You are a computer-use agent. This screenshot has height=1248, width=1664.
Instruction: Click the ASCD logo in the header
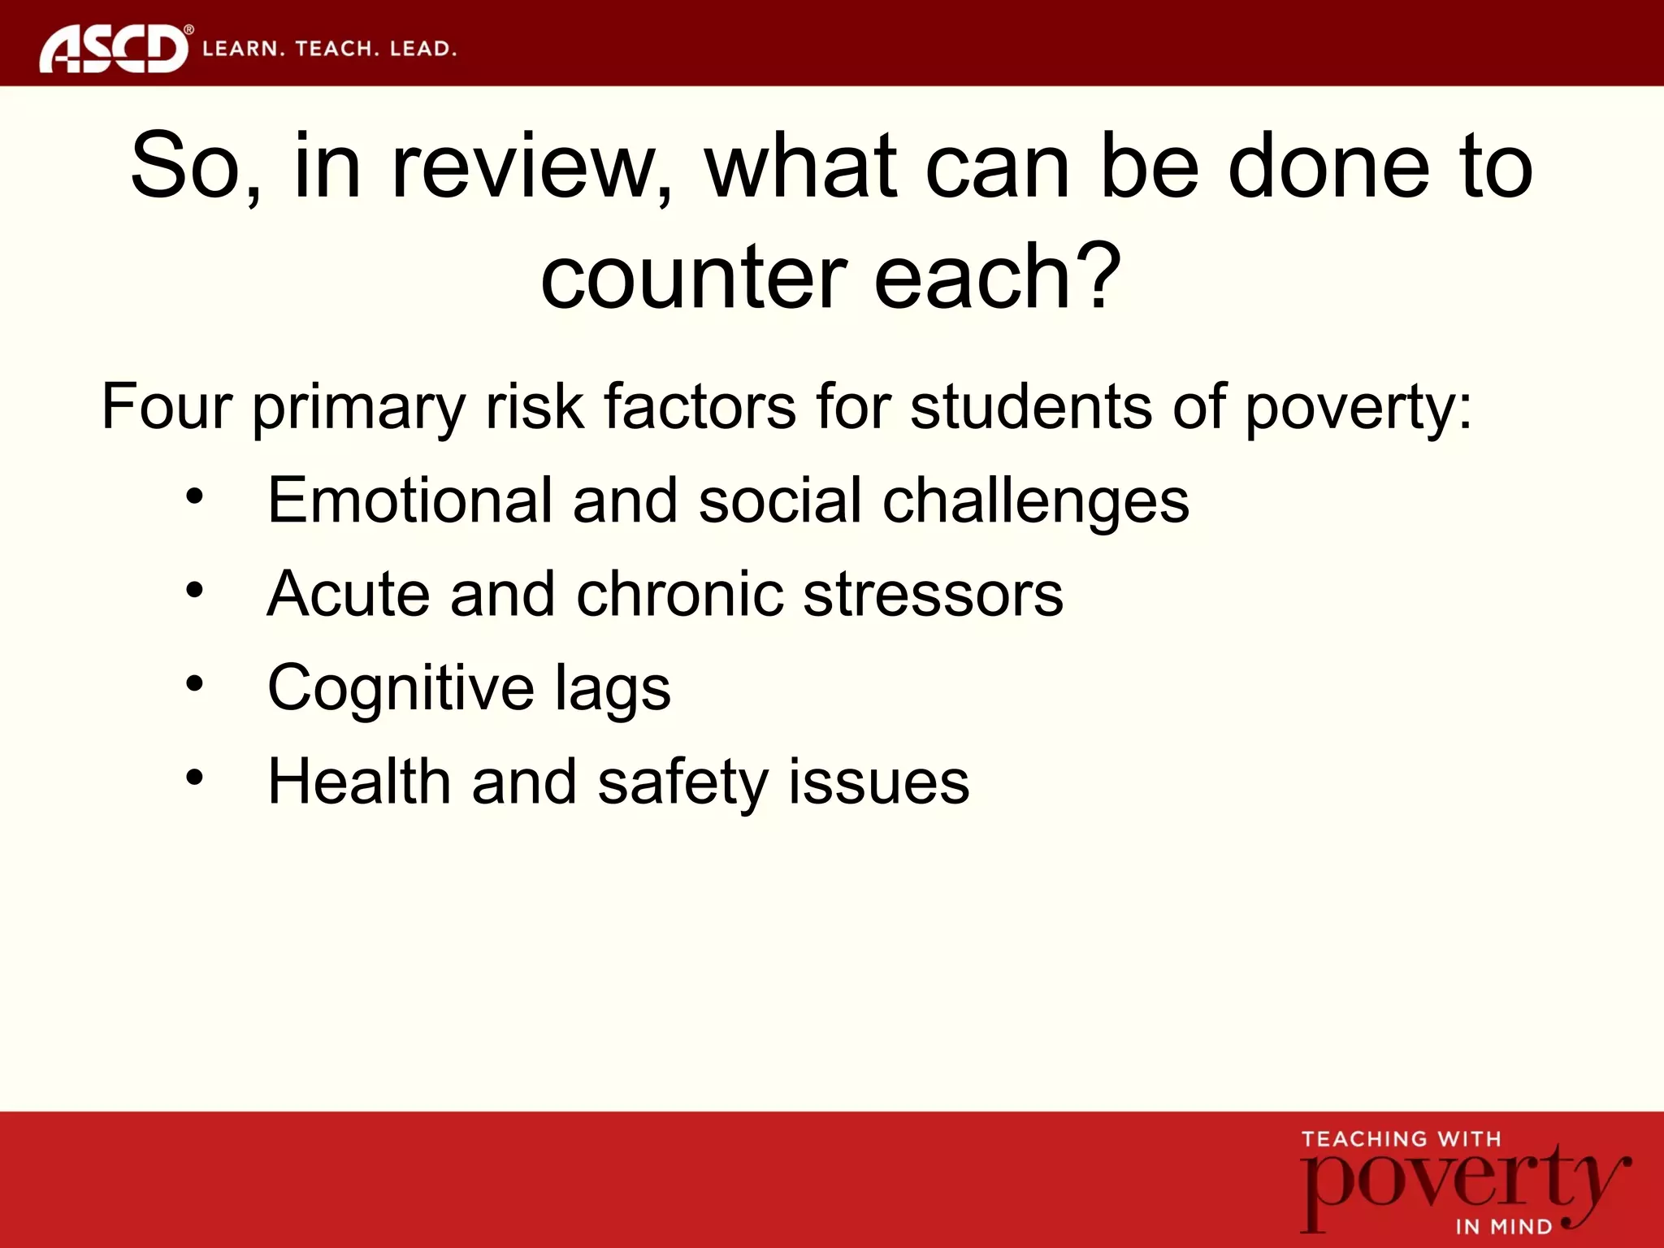pyautogui.click(x=114, y=49)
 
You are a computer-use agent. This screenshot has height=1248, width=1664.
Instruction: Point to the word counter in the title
pyautogui.click(x=695, y=278)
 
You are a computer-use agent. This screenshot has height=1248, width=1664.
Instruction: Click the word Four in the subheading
pyautogui.click(x=166, y=406)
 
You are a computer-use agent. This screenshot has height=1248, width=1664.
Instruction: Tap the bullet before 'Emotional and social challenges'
pyautogui.click(x=194, y=496)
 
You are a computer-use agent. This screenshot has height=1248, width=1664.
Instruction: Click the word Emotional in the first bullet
pyautogui.click(x=409, y=500)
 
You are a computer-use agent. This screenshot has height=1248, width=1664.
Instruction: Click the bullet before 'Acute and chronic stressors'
pyautogui.click(x=194, y=590)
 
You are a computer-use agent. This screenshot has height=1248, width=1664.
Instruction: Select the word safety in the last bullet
pyautogui.click(x=682, y=782)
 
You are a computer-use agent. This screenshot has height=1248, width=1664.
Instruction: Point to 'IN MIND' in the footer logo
pyautogui.click(x=1503, y=1226)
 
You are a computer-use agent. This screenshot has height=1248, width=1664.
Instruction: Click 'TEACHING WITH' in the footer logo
pyautogui.click(x=1401, y=1139)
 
